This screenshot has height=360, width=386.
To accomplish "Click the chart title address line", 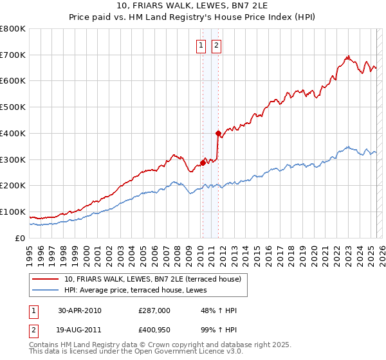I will tap(193, 6).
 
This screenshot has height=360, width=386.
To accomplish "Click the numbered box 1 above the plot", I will tap(201, 45).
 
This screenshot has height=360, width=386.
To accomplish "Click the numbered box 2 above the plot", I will tap(216, 45).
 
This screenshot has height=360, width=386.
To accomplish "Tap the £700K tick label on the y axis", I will tap(13, 55).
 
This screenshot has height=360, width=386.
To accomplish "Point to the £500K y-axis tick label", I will tap(13, 107).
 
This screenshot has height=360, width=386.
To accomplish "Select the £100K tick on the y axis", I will tap(13, 212).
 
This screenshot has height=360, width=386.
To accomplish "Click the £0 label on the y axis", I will tap(21, 238).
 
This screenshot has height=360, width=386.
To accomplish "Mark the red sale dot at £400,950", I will tap(218, 133).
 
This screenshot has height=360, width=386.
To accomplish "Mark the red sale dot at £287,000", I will tap(203, 163).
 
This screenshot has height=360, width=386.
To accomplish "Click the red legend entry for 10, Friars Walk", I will tap(152, 279).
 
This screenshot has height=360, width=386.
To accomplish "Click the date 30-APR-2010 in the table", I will tap(80, 310).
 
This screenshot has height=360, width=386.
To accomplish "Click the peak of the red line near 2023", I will tap(347, 57).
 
